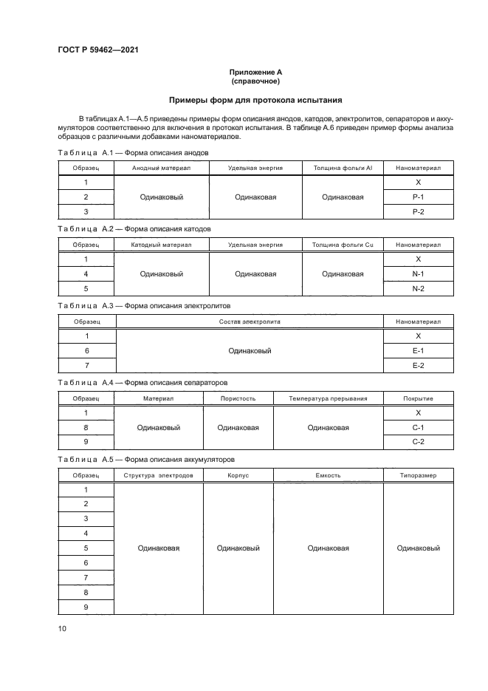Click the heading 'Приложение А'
255,72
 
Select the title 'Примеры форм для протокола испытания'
255,100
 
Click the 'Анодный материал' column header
161,169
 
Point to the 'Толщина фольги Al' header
343,169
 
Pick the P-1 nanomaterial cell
418,197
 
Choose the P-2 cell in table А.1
418,211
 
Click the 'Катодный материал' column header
161,245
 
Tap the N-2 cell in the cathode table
418,288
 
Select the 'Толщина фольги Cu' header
343,245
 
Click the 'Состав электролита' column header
250,321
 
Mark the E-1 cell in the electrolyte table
418,350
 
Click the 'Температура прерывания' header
328,398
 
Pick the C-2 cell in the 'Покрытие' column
418,441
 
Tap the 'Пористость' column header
238,398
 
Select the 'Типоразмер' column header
418,475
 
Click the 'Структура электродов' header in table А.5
159,475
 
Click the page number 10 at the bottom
63,628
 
